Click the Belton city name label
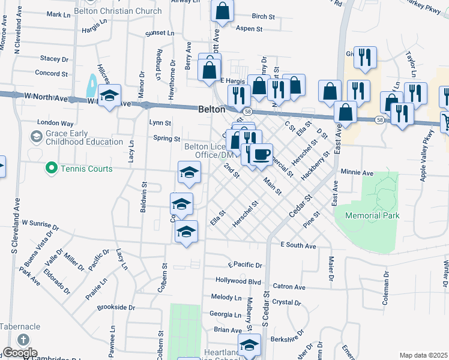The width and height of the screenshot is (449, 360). [212, 110]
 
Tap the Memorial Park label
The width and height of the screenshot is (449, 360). [372, 215]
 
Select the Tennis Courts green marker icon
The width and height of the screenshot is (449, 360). [52, 169]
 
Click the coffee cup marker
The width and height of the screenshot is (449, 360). [261, 154]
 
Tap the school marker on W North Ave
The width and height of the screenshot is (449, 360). [109, 95]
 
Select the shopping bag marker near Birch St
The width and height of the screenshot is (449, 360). [222, 10]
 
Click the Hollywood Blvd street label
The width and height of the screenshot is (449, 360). [238, 281]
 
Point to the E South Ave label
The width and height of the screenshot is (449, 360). [298, 246]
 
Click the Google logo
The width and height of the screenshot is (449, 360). [19, 353]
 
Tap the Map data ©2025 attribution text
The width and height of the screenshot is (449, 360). [423, 355]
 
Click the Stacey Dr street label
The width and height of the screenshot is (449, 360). [54, 59]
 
